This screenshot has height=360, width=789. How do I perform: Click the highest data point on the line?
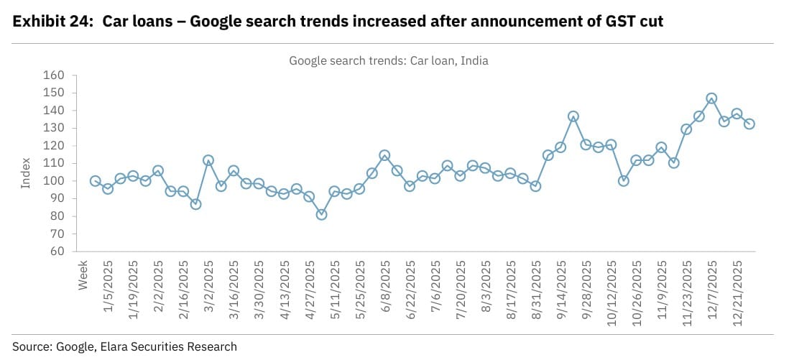(711, 98)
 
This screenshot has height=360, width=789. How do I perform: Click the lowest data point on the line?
(321, 214)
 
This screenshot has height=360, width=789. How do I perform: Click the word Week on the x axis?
(83, 275)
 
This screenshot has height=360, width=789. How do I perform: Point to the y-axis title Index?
(26, 174)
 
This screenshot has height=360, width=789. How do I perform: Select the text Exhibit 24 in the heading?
(51, 22)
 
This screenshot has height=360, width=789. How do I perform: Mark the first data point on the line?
(95, 181)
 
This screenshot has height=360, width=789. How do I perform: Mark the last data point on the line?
(749, 124)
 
